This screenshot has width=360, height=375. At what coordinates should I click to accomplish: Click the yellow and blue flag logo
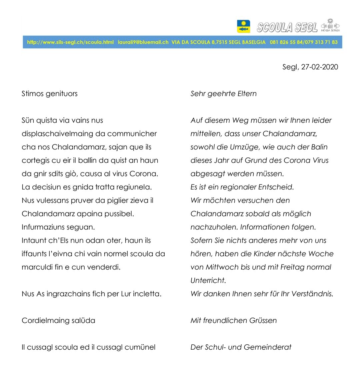pos(243,26)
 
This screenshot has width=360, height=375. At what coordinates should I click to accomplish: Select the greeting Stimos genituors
pos(50,94)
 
